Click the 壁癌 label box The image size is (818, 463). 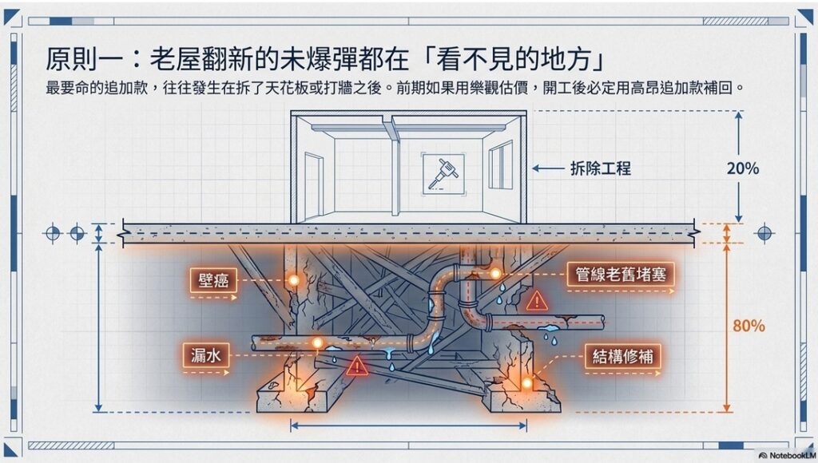215,280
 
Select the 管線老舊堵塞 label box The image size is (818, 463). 621,275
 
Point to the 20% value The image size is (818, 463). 743,168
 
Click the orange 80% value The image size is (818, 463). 749,326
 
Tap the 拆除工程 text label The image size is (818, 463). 601,168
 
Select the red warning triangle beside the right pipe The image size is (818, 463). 537,301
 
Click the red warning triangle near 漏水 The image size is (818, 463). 356,366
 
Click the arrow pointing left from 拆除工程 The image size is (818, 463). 547,168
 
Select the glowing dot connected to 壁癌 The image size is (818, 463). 293,280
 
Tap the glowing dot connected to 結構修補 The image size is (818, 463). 527,383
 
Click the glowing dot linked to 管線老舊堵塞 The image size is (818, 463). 495,275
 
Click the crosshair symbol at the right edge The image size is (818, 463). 764,233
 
